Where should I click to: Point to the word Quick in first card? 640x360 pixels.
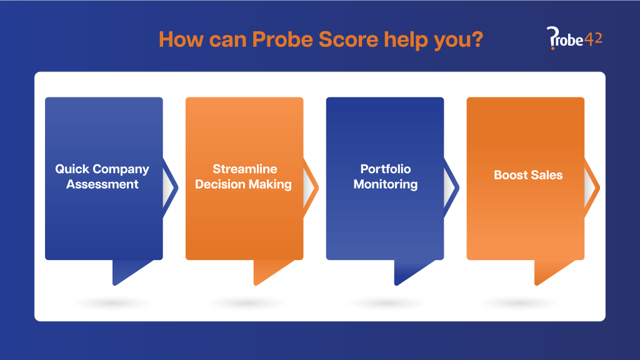[72, 169]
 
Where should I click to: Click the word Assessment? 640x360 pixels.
[102, 184]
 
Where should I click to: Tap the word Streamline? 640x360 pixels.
[244, 169]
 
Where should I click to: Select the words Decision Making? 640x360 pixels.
[244, 184]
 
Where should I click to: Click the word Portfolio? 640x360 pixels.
[385, 169]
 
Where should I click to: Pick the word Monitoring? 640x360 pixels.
[385, 184]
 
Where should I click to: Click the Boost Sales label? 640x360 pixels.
[527, 175]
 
